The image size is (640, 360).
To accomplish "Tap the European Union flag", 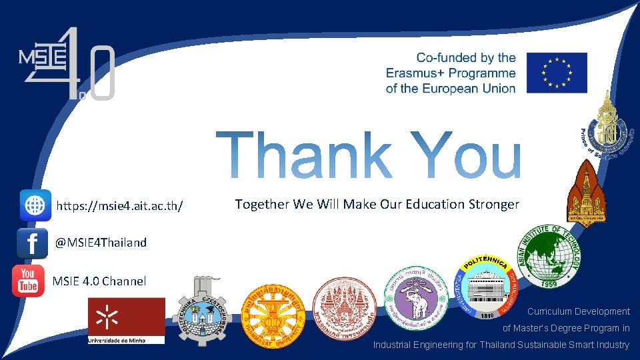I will [x=557, y=73].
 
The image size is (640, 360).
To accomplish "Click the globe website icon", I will [x=35, y=205].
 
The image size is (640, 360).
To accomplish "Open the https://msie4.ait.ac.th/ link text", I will [x=120, y=205].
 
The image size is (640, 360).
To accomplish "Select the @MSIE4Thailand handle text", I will [x=101, y=243].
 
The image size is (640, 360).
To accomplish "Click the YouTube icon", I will [x=28, y=281].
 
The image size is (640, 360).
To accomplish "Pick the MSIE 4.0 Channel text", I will [x=99, y=281].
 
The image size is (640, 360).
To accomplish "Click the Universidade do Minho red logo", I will [x=127, y=321].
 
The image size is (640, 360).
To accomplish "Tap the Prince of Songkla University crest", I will [x=607, y=127].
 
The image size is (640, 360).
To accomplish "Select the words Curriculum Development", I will [x=578, y=311].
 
